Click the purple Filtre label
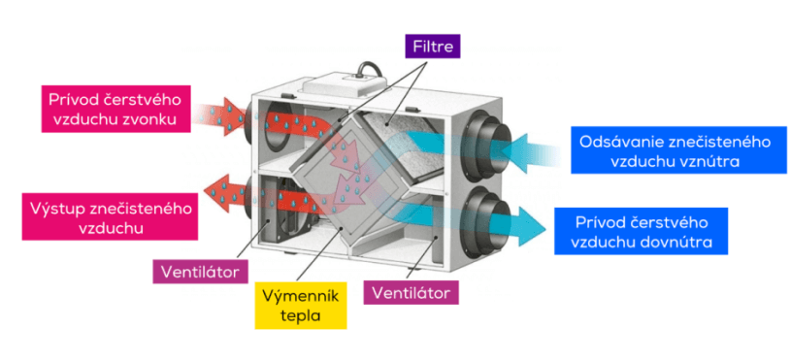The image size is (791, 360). click(x=433, y=47)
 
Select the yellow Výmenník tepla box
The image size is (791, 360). click(x=301, y=306)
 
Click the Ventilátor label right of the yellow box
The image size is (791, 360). click(x=412, y=293)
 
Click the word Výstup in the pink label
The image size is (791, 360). click(x=56, y=209)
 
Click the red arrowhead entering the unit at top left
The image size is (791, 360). click(x=233, y=112)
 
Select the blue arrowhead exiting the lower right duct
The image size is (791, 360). click(x=532, y=224)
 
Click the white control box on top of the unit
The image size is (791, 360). click(x=346, y=85)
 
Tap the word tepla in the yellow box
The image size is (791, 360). click(x=301, y=316)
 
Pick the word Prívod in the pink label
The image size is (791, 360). click(x=71, y=99)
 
